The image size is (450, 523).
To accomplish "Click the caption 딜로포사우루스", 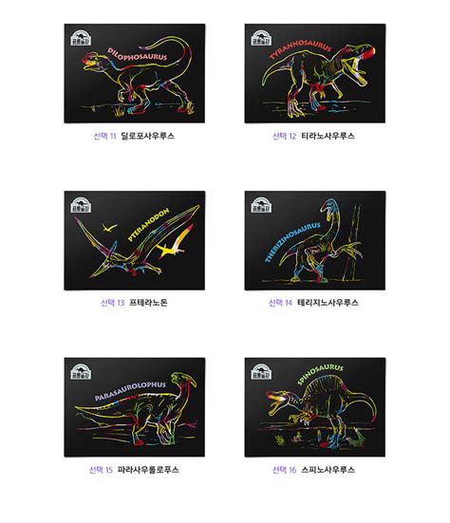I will tap(148, 137).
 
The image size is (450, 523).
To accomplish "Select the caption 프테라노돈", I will tap(142, 303).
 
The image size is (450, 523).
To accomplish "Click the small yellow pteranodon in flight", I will tap(106, 229).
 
